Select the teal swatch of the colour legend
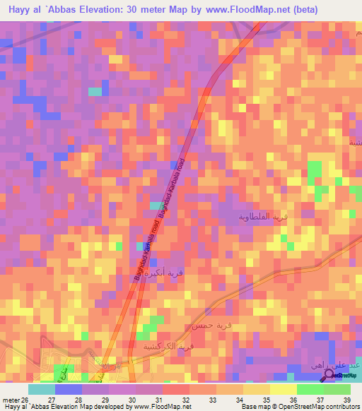(42, 389)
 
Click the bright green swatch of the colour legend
(310, 389)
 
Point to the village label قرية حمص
(206, 327)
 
